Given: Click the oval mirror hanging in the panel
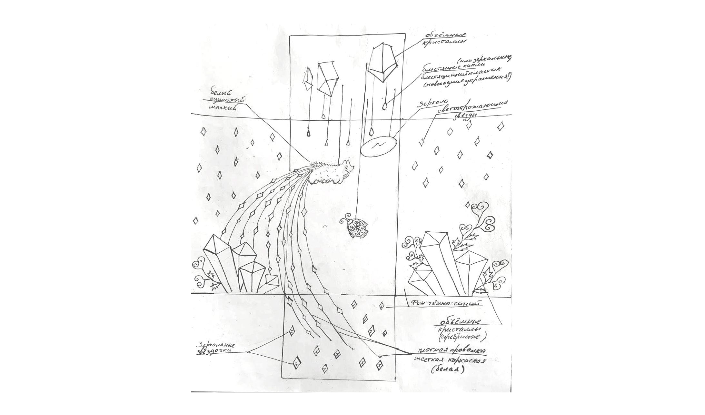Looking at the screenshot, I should pos(379,147).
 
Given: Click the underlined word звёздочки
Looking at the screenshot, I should pos(215,352).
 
